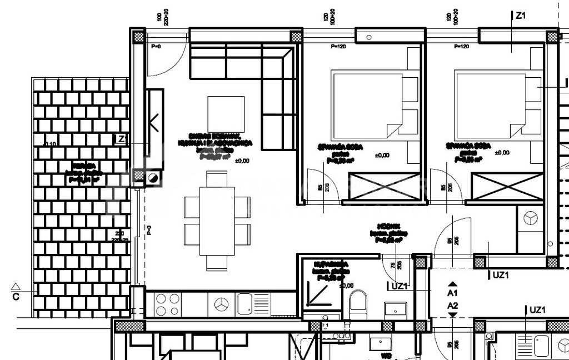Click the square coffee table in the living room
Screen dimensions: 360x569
[226, 114]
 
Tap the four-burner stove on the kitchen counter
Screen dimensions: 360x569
[168, 305]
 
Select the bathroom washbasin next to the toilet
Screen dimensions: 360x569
[396, 308]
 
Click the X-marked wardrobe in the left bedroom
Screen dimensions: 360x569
[383, 186]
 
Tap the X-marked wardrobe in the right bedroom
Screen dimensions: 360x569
[506, 186]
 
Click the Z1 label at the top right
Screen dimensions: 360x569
[521, 16]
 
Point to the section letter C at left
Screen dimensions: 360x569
[16, 297]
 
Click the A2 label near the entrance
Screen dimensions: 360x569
[453, 305]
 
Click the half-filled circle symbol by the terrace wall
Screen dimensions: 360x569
[153, 178]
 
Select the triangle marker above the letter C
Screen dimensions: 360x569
[17, 286]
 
